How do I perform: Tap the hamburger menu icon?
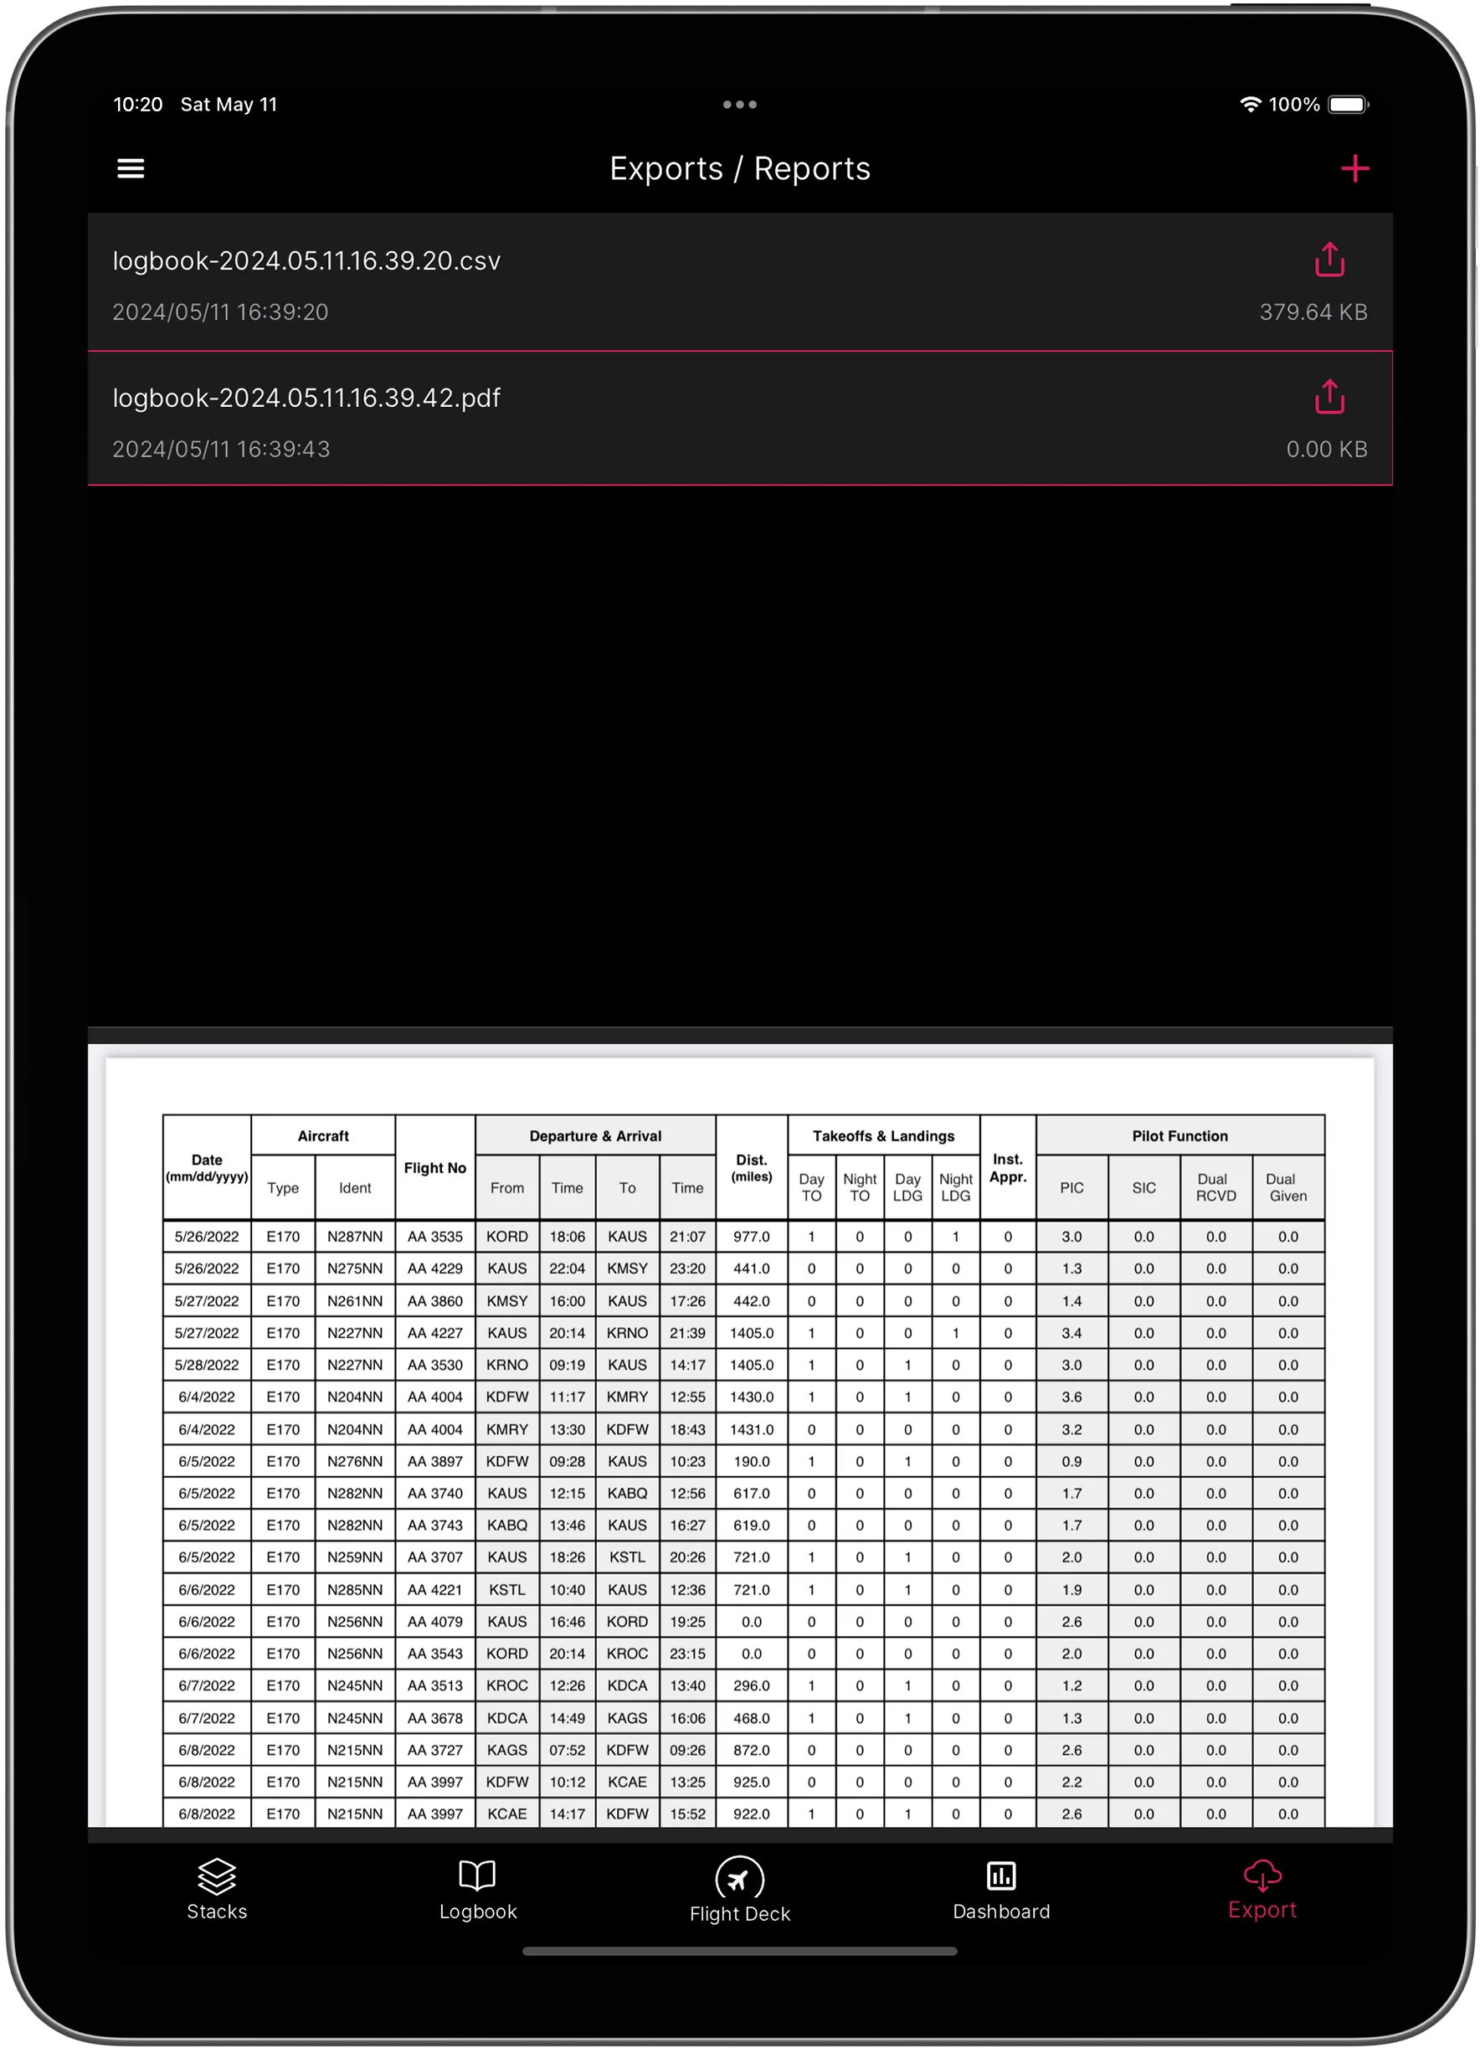131,169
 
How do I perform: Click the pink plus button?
1354,169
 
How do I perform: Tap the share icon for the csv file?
1329,260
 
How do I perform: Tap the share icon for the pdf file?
1329,398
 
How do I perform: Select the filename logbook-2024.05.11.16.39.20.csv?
306,261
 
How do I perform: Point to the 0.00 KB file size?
1327,450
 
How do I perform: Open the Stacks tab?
217,1889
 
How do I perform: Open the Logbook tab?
478,1889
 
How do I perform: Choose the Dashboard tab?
1000,1889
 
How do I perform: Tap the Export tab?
1262,1889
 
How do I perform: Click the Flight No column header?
435,1167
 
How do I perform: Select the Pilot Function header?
1179,1136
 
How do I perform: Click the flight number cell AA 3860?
435,1301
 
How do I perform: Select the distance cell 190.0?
751,1461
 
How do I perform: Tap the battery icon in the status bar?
1349,105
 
